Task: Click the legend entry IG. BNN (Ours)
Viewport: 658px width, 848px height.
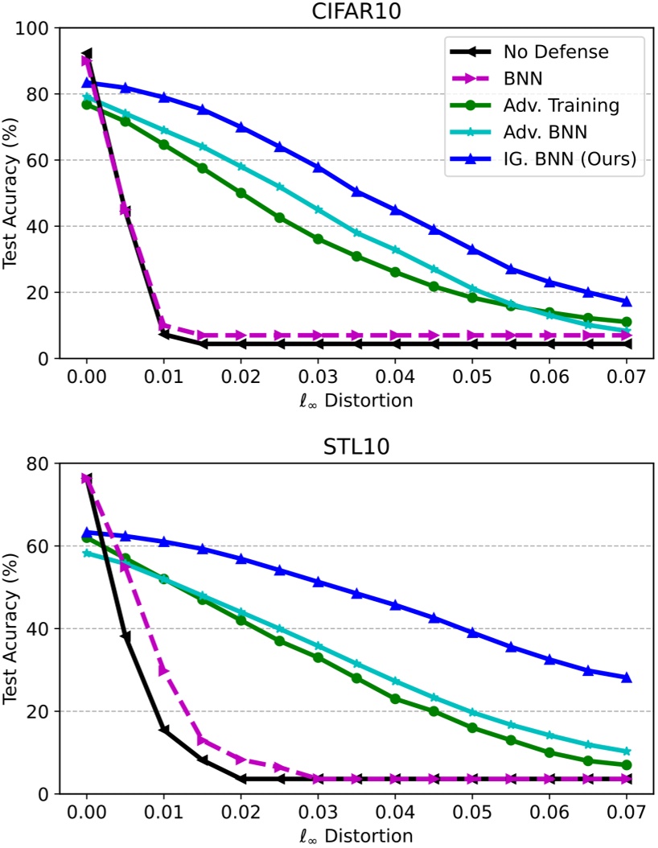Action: coord(570,159)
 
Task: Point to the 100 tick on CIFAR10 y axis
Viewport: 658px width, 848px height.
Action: coord(35,28)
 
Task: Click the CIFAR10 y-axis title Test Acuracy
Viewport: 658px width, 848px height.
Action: coord(13,193)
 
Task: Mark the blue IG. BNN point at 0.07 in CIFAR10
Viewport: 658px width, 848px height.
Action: coord(627,302)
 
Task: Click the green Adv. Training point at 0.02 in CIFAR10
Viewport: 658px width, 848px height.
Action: coord(241,193)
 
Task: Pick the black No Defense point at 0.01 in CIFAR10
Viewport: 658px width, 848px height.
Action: coord(164,334)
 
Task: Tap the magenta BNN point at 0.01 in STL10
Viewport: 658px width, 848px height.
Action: coord(164,669)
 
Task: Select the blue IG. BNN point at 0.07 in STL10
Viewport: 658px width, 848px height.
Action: coord(627,677)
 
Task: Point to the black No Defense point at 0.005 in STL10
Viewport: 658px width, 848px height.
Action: coord(125,636)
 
